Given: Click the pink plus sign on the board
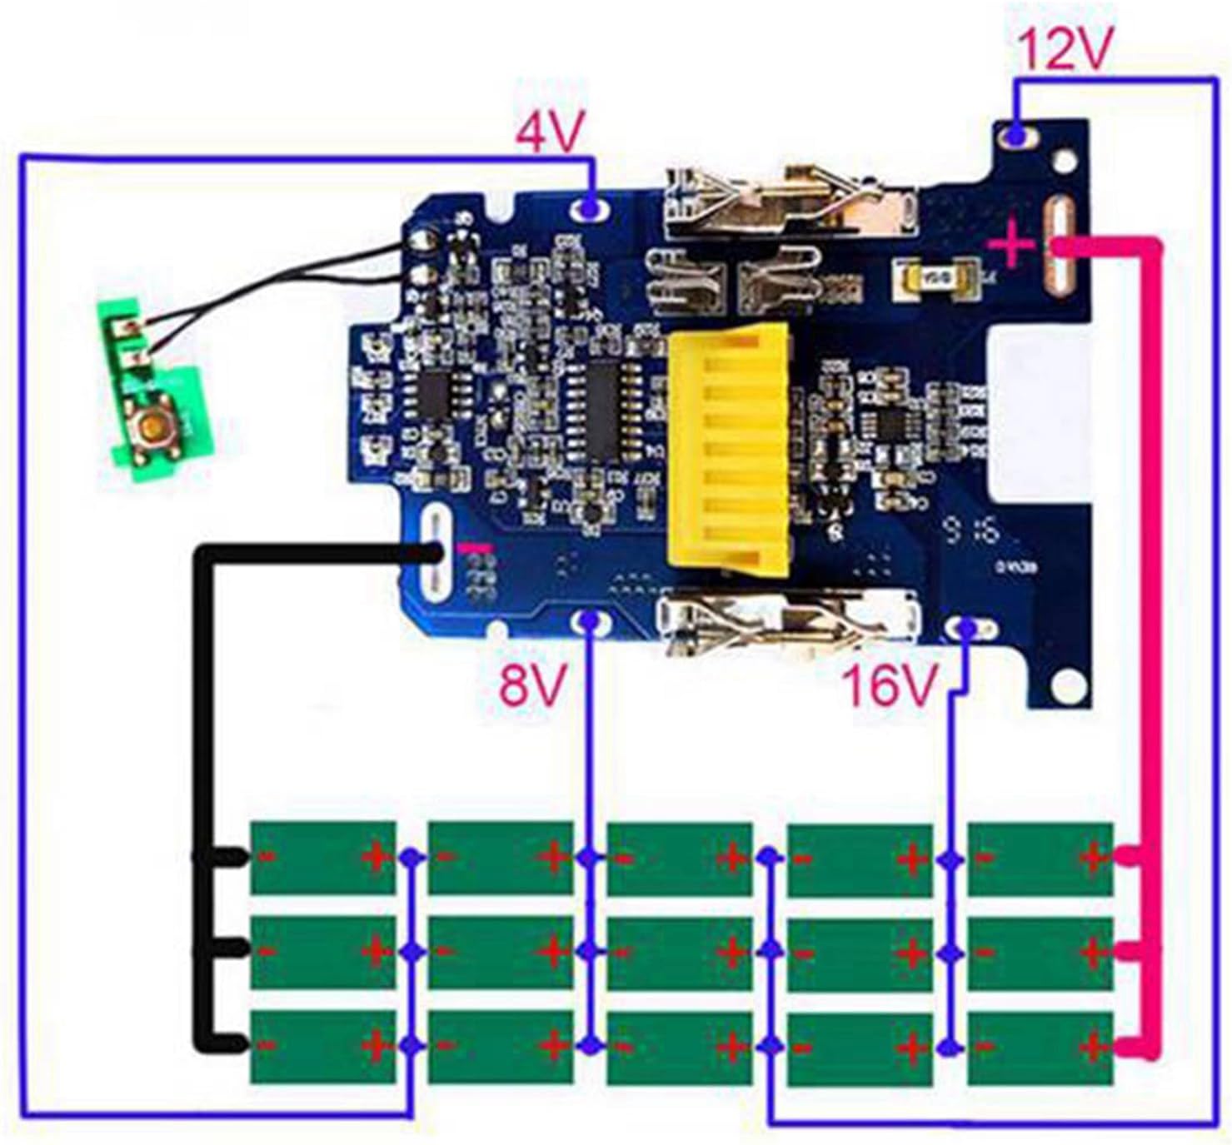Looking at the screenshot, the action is tap(1012, 244).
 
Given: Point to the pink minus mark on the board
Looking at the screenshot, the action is tap(475, 548).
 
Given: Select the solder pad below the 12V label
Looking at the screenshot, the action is tap(1015, 135).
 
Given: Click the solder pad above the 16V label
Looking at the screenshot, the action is tap(965, 628).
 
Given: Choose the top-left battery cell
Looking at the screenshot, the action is tap(322, 858).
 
